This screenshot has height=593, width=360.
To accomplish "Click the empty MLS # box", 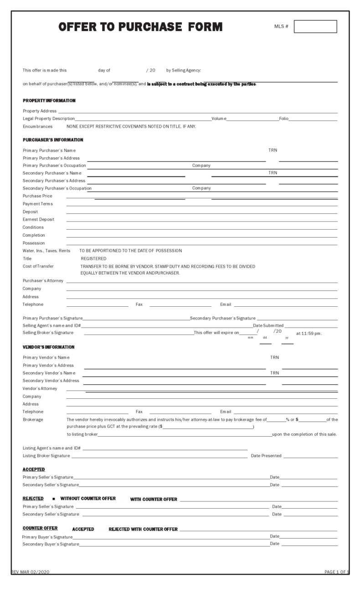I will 315,26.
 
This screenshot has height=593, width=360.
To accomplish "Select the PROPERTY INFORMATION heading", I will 49,100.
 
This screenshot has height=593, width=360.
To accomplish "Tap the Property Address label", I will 40,111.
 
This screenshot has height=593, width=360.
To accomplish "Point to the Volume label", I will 219,119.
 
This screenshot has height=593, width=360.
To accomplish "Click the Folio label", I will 283,119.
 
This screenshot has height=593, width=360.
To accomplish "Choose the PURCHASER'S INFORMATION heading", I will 53,140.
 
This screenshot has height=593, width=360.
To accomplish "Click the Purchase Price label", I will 37,196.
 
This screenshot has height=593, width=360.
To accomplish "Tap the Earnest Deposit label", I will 38,219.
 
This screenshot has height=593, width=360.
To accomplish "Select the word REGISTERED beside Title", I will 93,258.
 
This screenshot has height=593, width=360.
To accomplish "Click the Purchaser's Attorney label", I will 43,281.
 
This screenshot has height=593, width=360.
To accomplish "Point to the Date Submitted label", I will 268,325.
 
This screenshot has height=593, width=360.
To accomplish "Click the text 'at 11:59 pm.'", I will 309,333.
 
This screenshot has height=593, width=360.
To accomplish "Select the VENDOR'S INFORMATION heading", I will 49,347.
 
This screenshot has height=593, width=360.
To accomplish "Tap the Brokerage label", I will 33,419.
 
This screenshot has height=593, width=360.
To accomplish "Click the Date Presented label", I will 266,456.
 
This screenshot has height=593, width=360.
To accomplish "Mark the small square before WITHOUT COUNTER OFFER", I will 54,499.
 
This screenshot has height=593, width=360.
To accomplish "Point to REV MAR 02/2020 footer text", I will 30,572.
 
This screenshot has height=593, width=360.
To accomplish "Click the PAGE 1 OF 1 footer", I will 336,572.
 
